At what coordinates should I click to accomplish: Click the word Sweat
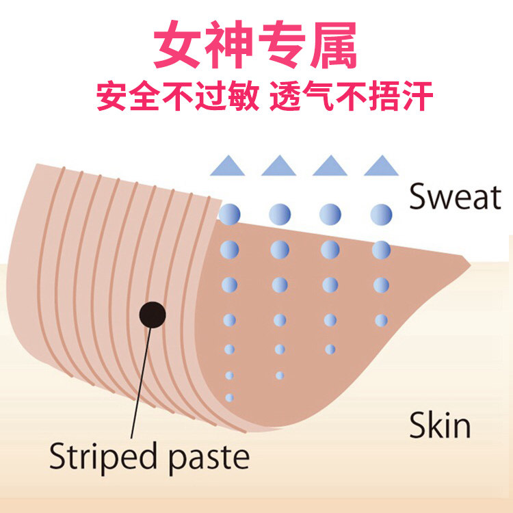coord(455,197)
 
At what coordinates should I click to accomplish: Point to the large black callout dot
coord(152,315)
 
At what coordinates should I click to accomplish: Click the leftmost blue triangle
coord(227,166)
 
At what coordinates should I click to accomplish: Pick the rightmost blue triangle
coord(380,166)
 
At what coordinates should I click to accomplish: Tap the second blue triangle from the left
coord(278,166)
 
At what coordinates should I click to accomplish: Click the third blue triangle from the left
coord(330,166)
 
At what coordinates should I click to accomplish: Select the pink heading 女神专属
coord(256,47)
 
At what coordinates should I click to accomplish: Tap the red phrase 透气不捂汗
coord(352,96)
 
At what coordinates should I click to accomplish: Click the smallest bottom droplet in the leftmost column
coord(229,397)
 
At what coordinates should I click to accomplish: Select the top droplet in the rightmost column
coord(381,214)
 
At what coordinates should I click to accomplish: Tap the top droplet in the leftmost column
coord(229,214)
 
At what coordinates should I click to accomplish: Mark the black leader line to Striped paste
coord(140,383)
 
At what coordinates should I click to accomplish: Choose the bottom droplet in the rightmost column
coord(381,320)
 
